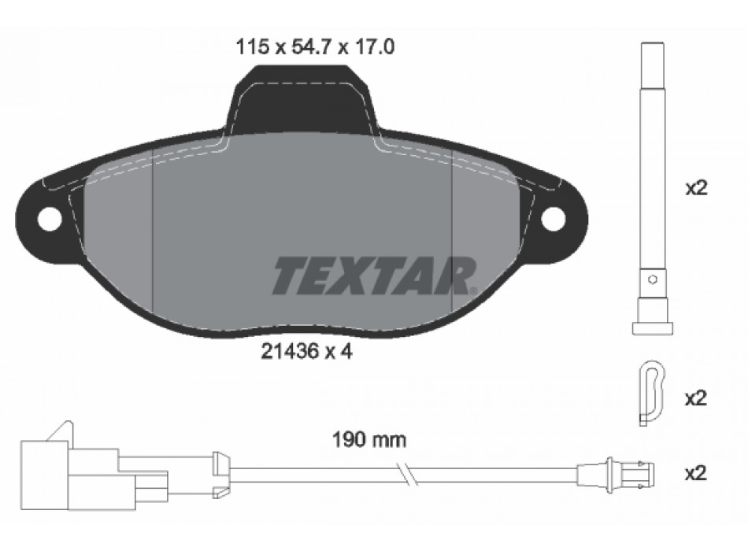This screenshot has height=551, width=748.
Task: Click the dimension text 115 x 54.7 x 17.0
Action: pyautogui.click(x=315, y=47)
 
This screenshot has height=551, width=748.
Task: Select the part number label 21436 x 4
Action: pyautogui.click(x=307, y=352)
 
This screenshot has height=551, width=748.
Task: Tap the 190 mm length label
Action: pyautogui.click(x=369, y=440)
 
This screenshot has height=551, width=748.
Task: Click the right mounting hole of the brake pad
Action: pyautogui.click(x=554, y=219)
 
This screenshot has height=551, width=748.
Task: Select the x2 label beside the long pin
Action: pyautogui.click(x=696, y=188)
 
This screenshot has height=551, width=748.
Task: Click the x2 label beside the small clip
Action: pyautogui.click(x=695, y=398)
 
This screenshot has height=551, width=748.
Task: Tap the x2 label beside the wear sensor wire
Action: pyautogui.click(x=695, y=474)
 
